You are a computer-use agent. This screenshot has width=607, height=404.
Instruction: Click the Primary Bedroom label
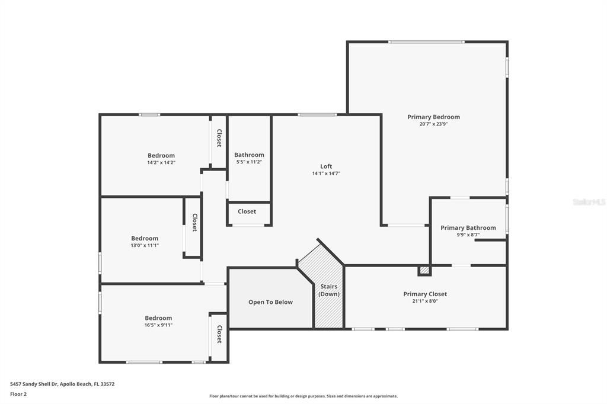tap(433, 117)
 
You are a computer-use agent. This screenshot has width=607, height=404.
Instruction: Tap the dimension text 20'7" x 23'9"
tap(433, 124)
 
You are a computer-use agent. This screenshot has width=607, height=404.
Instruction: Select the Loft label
tap(326, 166)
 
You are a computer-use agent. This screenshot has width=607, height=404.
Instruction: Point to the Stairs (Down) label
tap(329, 290)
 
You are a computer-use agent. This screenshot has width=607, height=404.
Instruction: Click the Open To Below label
tap(270, 302)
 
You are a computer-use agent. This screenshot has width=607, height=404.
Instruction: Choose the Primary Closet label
tap(425, 294)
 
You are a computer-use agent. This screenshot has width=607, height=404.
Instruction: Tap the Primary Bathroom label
tap(468, 227)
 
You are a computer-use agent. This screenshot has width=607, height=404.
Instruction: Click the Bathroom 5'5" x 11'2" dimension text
tap(249, 162)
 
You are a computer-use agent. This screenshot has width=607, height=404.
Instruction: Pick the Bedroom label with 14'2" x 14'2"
tap(161, 155)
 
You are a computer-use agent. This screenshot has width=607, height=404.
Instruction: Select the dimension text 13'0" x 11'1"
tap(145, 245)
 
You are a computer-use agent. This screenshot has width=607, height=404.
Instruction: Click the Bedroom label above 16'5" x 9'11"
tap(158, 318)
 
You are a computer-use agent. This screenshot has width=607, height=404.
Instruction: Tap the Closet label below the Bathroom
tap(247, 211)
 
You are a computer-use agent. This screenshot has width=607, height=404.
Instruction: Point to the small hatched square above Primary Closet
tap(424, 270)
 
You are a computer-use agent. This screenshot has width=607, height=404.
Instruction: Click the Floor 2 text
tap(18, 393)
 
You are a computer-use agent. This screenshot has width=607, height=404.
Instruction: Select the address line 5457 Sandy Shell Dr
tap(62, 384)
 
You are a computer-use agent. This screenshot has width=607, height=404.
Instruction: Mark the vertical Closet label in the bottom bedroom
tap(219, 334)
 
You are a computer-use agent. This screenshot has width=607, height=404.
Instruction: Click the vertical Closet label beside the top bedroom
tap(219, 138)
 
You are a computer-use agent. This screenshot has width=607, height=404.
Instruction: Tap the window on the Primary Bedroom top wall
tap(426, 41)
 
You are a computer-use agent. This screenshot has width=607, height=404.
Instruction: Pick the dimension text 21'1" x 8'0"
tap(425, 301)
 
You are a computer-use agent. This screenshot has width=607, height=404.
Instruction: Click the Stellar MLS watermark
tap(589, 202)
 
